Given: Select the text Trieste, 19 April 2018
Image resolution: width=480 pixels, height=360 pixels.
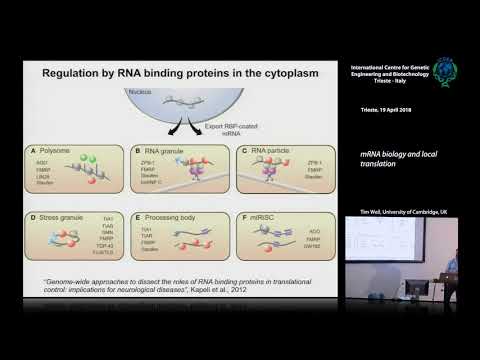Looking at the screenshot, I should click(x=392, y=109).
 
